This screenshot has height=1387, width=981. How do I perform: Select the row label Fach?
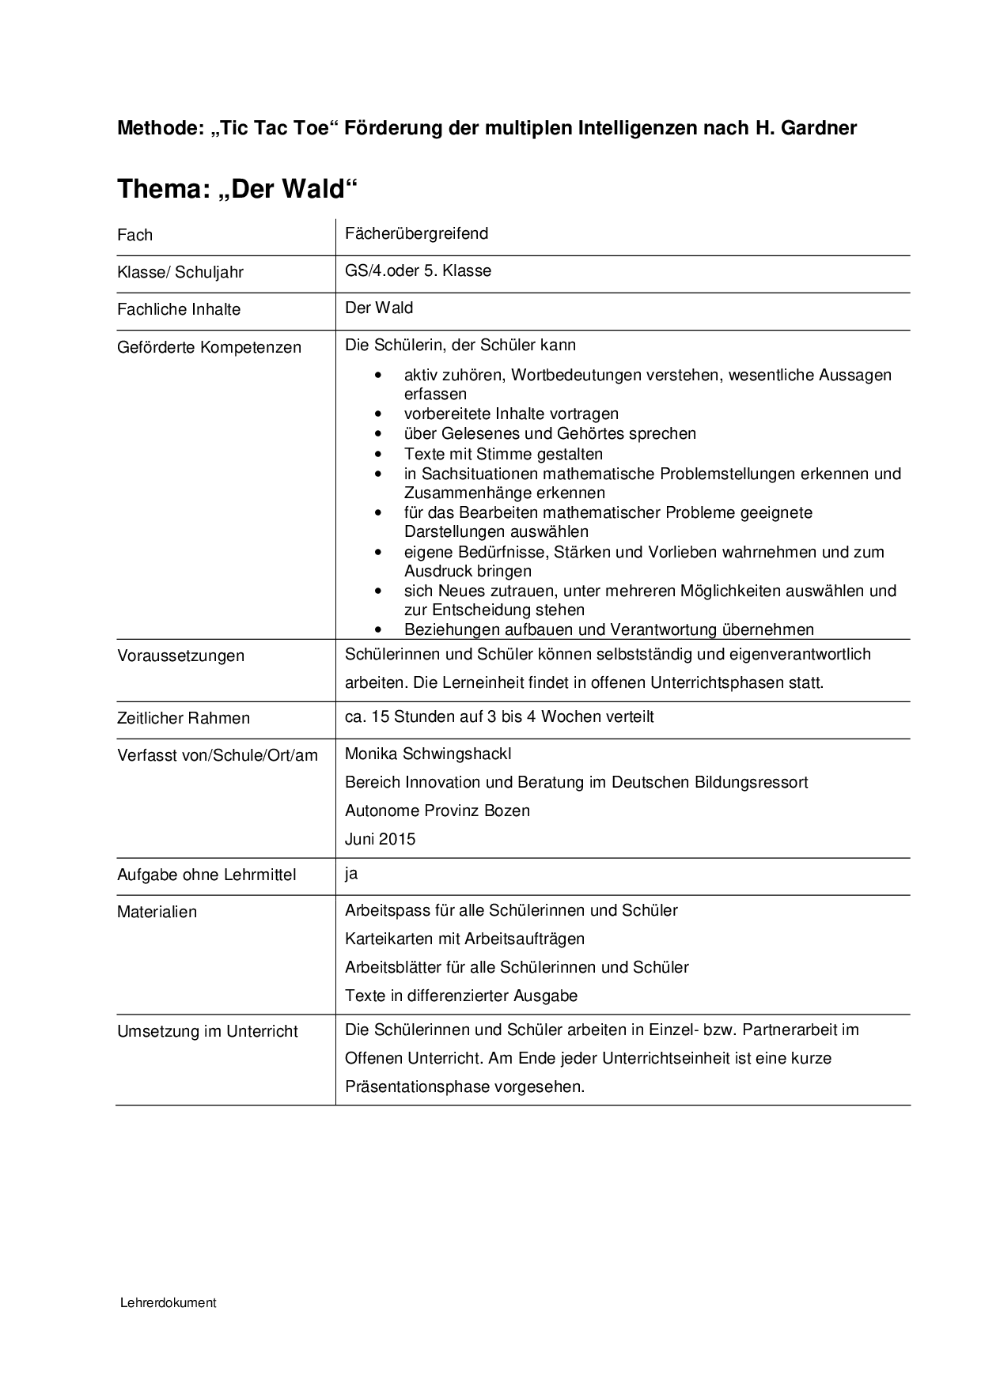pos(134,235)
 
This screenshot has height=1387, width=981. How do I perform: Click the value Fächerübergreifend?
pos(416,233)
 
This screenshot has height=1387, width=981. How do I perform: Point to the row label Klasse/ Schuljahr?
pos(180,272)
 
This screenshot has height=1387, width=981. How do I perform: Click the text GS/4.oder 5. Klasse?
pos(418,270)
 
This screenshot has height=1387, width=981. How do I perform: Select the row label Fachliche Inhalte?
pos(179,309)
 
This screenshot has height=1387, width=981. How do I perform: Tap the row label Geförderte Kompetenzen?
pos(209,347)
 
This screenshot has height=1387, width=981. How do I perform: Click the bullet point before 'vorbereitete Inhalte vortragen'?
pos(381,414)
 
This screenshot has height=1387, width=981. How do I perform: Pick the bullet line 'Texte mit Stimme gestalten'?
pos(503,454)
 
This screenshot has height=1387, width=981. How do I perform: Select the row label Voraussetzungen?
pos(180,656)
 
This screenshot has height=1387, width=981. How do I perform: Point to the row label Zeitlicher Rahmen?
pos(184,718)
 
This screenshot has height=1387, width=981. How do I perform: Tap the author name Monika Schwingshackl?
pos(434,754)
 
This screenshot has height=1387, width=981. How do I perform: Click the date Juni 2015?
pos(380,839)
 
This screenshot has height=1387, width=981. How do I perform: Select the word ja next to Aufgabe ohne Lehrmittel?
pos(351,873)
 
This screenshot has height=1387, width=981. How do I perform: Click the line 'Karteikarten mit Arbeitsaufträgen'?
pos(464,939)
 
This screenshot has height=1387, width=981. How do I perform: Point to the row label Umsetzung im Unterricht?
pos(207,1031)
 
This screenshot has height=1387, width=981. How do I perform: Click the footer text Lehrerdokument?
pos(169,1302)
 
